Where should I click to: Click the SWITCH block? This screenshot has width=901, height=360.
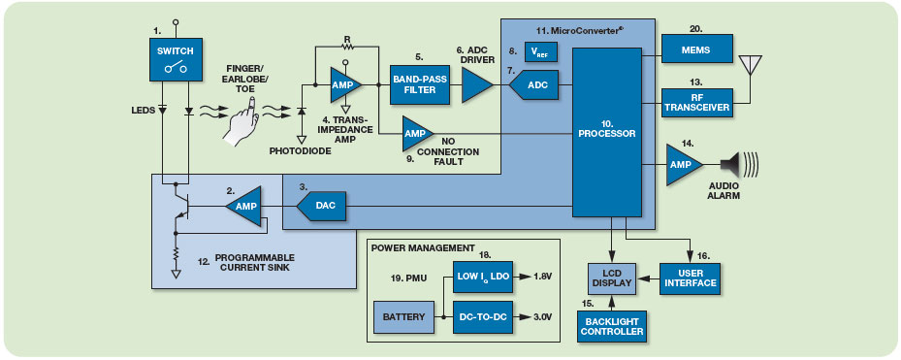[x=171, y=59]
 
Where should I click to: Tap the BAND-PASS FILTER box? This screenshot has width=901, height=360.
[x=420, y=84]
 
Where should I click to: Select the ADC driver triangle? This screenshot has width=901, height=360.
[x=477, y=84]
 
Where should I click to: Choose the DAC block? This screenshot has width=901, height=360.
[x=321, y=206]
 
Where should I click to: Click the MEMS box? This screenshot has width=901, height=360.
[x=697, y=49]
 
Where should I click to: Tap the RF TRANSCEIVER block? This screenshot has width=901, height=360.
[x=697, y=103]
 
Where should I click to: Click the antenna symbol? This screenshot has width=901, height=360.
[x=750, y=67]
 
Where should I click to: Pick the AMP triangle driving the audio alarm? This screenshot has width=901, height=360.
[x=684, y=165]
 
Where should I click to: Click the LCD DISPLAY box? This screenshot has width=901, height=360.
[x=612, y=278]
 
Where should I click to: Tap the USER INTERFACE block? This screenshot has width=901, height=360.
[x=689, y=278]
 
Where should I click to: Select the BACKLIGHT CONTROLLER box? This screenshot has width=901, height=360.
[x=612, y=327]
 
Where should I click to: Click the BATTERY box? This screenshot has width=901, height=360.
[x=404, y=317]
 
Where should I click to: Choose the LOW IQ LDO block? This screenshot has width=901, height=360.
[x=482, y=276]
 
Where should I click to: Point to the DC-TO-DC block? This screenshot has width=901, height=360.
[x=482, y=317]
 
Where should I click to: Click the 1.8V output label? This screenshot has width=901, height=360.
[x=542, y=276]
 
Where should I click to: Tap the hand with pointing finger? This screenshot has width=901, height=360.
[x=241, y=122]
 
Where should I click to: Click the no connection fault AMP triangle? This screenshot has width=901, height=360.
[x=417, y=133]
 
